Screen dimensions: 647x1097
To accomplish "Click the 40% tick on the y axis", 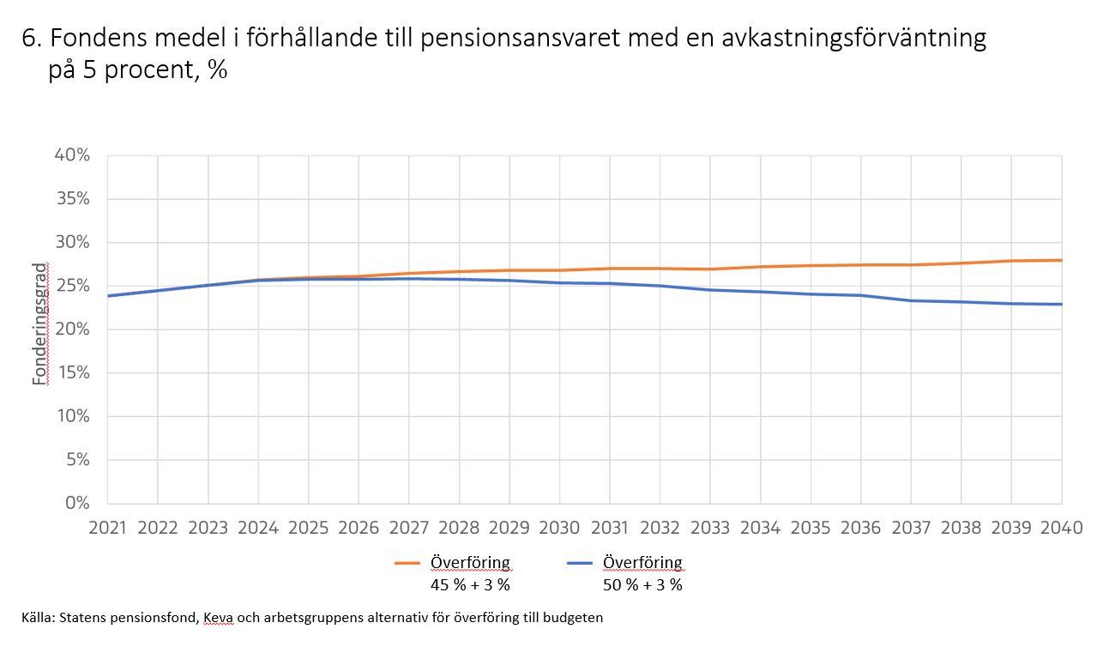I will click(x=72, y=155).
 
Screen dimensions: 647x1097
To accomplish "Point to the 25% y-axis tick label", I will click(x=72, y=286).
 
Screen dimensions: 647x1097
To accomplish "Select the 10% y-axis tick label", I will click(x=72, y=416).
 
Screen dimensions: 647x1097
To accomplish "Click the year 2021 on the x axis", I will click(x=107, y=527).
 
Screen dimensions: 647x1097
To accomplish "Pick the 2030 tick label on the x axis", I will click(x=559, y=527).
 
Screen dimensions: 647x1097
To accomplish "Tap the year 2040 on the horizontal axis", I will click(x=1062, y=527).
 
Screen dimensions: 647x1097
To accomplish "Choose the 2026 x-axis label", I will click(x=359, y=527).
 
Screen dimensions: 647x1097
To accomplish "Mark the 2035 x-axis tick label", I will click(x=811, y=527).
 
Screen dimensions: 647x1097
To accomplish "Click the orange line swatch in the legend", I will click(x=408, y=564).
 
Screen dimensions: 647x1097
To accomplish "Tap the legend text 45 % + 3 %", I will click(x=469, y=585).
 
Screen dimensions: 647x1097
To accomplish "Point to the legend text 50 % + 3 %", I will click(x=642, y=585).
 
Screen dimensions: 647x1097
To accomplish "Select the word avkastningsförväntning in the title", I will click(x=859, y=39).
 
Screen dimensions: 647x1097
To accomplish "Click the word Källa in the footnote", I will click(x=38, y=617).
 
